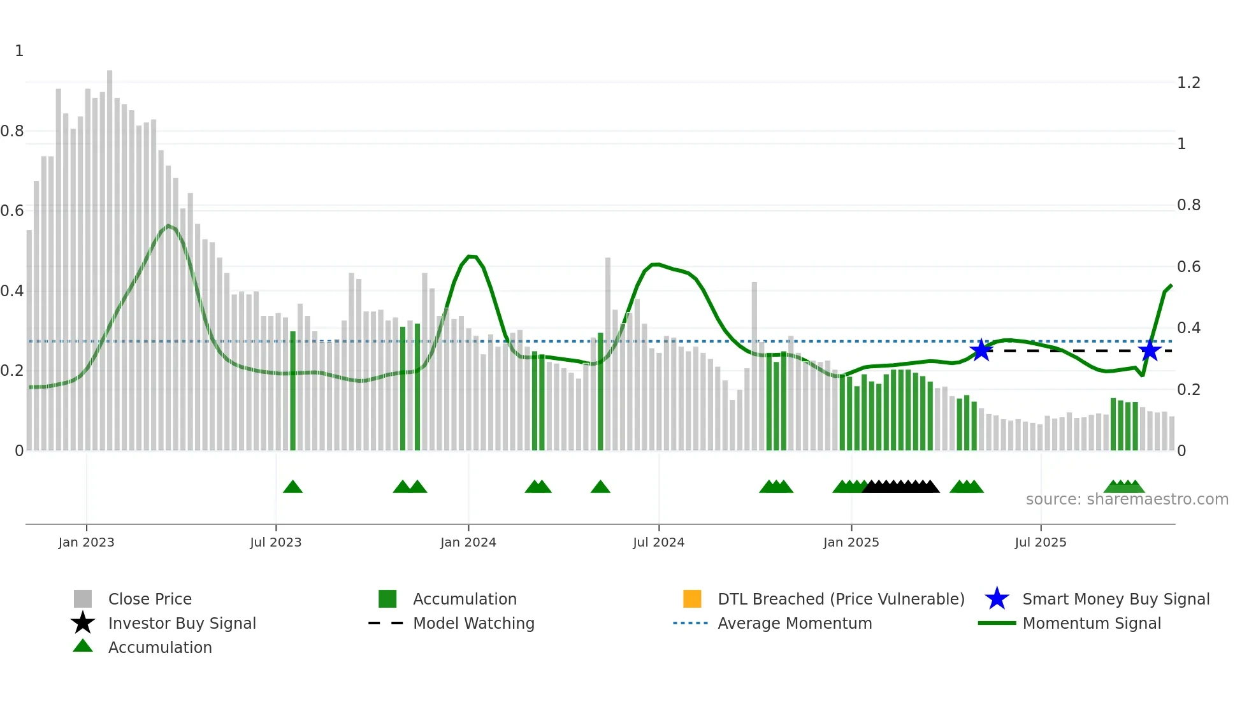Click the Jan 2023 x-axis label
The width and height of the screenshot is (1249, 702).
coord(86,542)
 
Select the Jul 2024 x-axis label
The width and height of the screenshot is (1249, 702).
coord(658,542)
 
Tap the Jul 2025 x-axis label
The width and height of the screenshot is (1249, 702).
coord(1040,542)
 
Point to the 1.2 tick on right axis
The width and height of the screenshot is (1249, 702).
coord(1188,83)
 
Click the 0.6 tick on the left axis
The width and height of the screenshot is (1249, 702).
coord(12,211)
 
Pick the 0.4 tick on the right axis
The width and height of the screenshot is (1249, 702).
coord(1188,328)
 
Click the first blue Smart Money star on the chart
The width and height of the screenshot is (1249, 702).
coord(981,350)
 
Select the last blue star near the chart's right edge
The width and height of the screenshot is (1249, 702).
coord(1150,350)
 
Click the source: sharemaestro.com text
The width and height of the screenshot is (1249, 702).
coord(1127,499)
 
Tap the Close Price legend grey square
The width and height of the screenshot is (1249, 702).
coord(83,599)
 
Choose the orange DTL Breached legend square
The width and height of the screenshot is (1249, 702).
coord(692,599)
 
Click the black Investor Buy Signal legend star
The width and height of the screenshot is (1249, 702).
coord(83,623)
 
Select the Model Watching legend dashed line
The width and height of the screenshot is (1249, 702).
coord(386,623)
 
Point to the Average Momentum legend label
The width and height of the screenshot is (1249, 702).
coord(795,623)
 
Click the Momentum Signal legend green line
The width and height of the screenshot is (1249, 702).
coord(997,623)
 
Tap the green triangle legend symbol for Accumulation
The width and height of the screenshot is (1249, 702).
coord(83,646)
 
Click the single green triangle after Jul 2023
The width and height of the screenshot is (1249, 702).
coord(292,487)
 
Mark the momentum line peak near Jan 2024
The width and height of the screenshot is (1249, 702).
coord(470,257)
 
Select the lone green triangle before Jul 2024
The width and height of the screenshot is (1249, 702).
coord(600,487)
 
